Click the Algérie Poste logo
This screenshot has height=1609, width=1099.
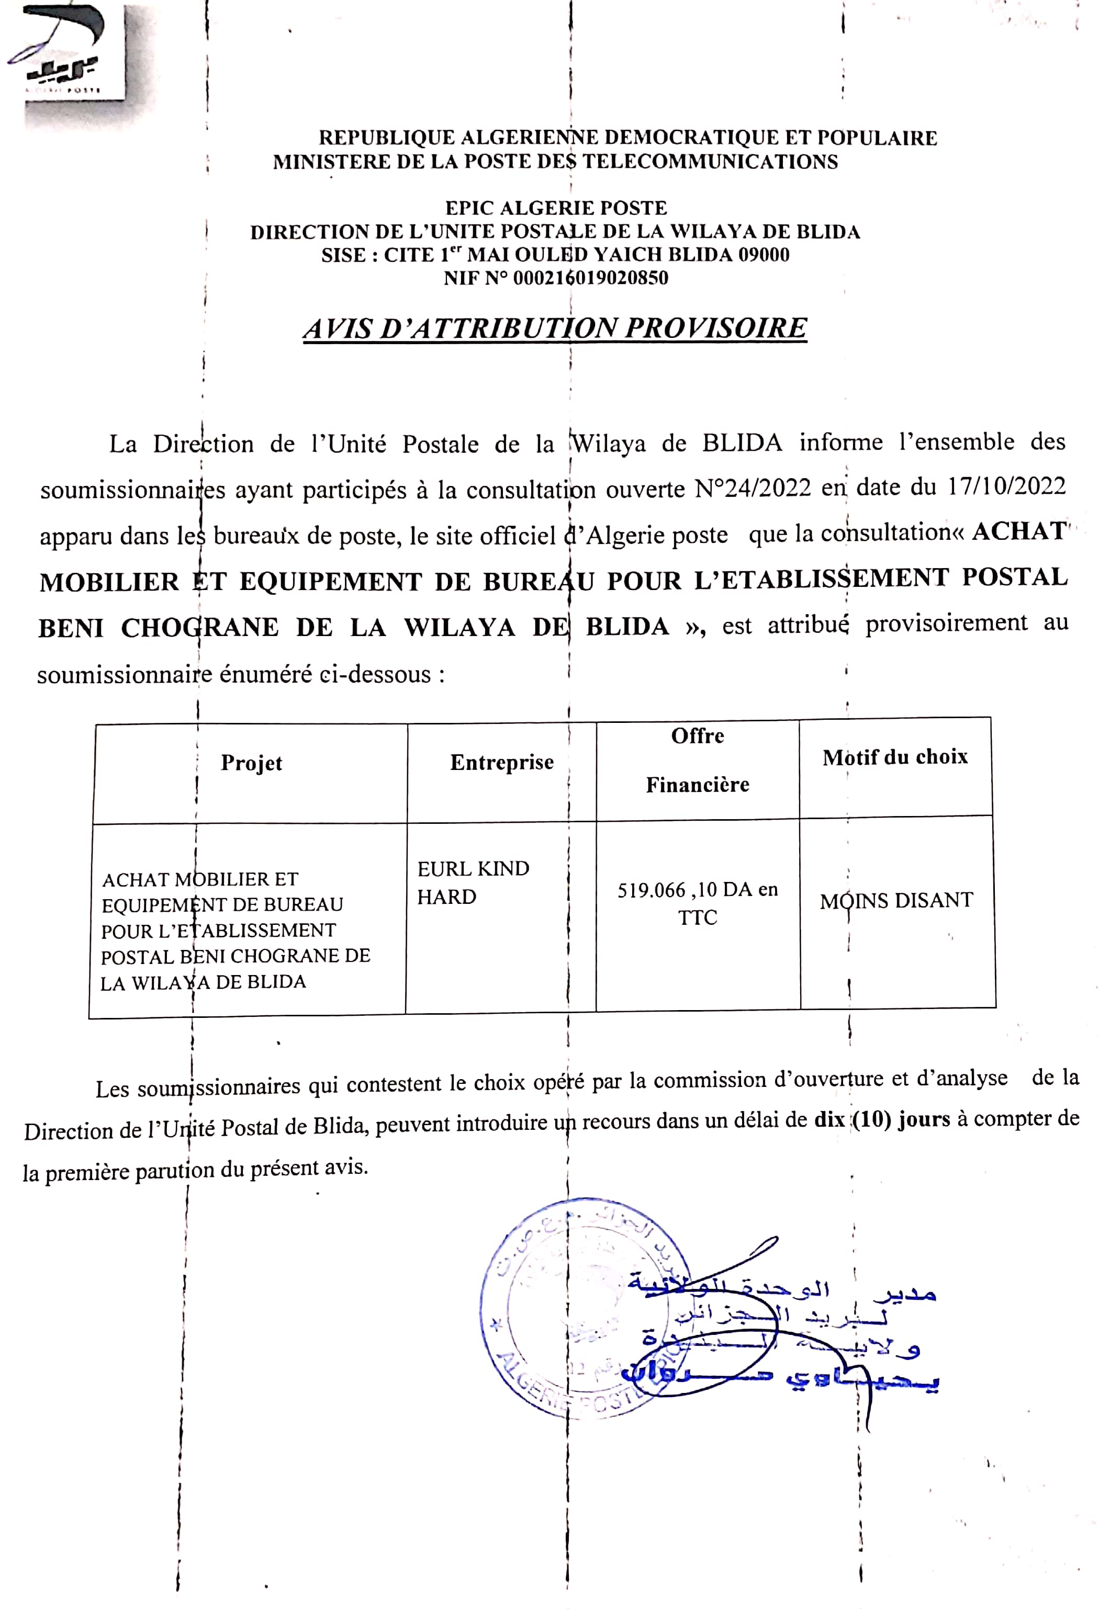66,55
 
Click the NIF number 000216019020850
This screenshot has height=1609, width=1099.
590,278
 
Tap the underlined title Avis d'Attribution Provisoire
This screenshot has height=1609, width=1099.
555,328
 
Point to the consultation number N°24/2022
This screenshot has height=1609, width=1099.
753,488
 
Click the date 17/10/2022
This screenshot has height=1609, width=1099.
1006,486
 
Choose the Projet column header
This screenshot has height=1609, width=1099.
251,763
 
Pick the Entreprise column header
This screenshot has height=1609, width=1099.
501,762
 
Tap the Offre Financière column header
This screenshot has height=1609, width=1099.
698,760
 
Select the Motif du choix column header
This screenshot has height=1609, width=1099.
895,757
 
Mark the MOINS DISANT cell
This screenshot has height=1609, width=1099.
896,901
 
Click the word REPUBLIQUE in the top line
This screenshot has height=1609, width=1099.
387,139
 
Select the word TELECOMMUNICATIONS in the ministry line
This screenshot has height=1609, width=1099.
709,162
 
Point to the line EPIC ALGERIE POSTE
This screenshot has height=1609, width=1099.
555,208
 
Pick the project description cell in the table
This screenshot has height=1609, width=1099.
235,930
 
